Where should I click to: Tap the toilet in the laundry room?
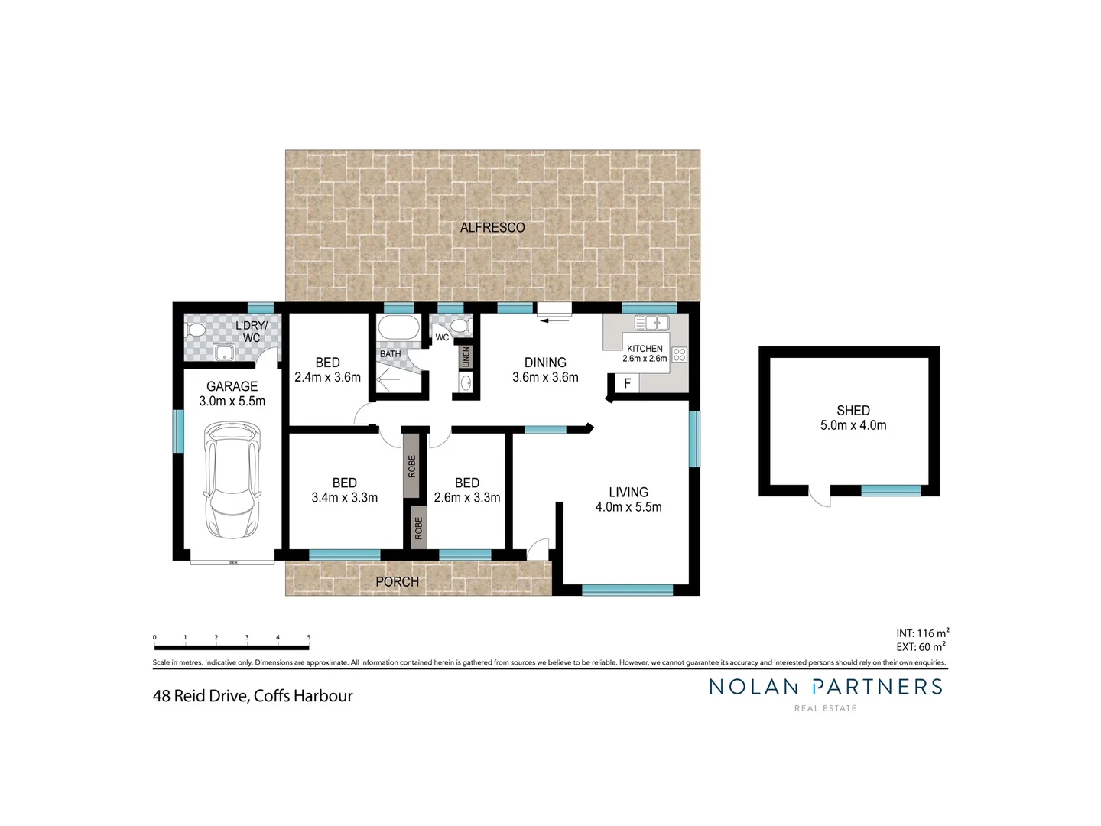click(195, 330)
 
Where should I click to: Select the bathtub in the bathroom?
click(398, 328)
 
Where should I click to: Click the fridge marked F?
click(627, 383)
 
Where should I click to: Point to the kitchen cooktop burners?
click(679, 354)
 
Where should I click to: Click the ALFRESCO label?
click(492, 227)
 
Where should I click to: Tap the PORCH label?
click(397, 582)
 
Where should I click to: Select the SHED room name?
click(853, 411)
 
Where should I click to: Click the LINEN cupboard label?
click(465, 356)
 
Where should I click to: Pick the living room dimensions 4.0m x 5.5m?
click(628, 507)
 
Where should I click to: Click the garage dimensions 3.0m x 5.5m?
click(232, 401)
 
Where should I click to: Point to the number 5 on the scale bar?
click(309, 637)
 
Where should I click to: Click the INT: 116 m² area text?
click(922, 633)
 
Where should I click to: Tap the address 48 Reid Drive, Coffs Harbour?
click(253, 696)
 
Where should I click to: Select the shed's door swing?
click(820, 496)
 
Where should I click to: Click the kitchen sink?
click(651, 324)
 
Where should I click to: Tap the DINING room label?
click(545, 363)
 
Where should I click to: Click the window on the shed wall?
click(891, 490)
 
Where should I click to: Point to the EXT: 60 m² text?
click(921, 647)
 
